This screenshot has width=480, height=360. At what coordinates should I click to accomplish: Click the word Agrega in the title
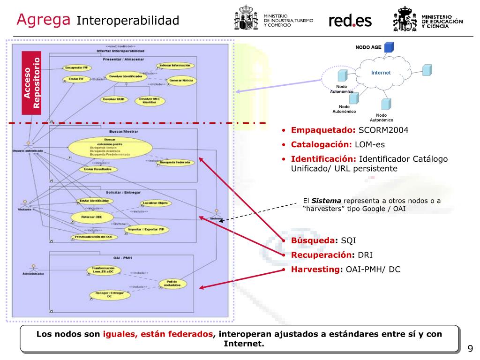44,19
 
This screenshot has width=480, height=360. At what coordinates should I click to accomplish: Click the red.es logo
350,20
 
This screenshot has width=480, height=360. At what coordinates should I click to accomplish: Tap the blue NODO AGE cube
389,47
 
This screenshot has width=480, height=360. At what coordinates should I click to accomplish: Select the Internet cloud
381,73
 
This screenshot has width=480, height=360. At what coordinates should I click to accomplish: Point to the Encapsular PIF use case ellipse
76,67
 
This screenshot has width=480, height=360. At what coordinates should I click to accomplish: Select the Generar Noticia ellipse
181,81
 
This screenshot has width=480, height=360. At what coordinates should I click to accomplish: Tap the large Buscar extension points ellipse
110,147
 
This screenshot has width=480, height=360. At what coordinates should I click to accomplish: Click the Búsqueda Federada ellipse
175,163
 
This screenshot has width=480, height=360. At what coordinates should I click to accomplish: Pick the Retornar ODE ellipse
92,217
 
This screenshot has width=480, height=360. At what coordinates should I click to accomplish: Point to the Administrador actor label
33,274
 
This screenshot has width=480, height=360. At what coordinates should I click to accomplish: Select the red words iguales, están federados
158,334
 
